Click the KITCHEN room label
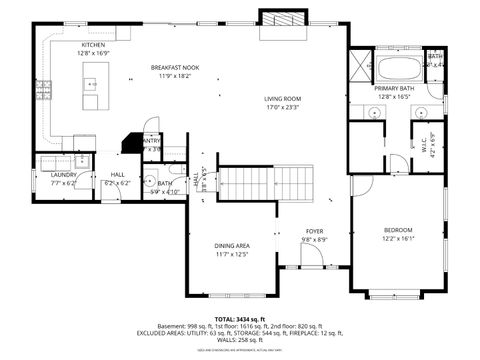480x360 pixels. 93,45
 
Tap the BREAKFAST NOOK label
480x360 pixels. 174,68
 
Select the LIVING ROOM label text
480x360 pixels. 283,99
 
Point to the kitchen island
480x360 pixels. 91,92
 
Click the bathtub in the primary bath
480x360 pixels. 400,69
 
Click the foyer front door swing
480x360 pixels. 311,256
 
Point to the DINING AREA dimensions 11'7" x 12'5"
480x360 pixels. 232,254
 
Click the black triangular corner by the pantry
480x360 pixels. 131,143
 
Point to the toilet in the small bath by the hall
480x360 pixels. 148,182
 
